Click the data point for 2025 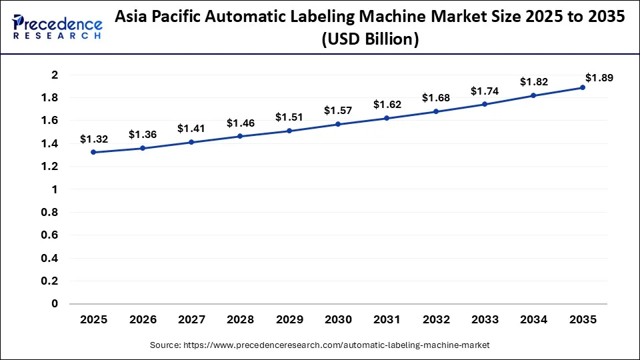[x=93, y=152]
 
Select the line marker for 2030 [x=338, y=124]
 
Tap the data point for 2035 [x=583, y=87]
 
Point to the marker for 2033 [x=485, y=105]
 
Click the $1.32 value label [x=93, y=139]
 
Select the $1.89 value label [x=599, y=77]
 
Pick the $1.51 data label [x=289, y=117]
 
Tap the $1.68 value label [x=436, y=98]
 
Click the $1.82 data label [x=534, y=82]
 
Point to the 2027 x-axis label [x=191, y=320]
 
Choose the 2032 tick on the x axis [x=436, y=320]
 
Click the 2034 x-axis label [x=534, y=320]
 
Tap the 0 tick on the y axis [x=55, y=304]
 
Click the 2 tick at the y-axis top [x=55, y=75]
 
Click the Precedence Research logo [x=57, y=27]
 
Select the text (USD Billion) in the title [x=370, y=40]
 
